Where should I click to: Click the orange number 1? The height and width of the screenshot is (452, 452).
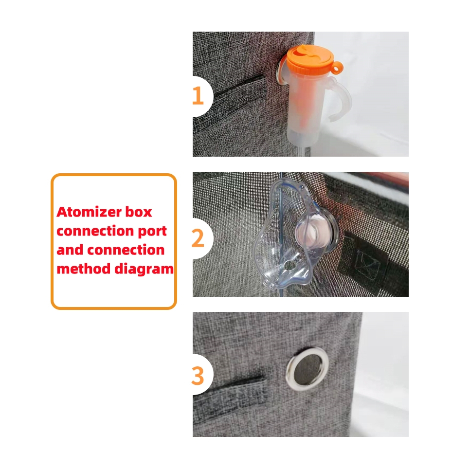198,95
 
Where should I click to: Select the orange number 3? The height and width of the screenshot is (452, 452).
198,376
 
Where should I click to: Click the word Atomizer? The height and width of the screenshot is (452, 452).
89,212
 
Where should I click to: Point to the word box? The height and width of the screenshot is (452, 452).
139,212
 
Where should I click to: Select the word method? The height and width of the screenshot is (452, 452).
84,269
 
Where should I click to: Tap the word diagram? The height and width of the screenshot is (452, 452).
144,270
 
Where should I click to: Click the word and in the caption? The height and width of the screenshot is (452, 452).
70,250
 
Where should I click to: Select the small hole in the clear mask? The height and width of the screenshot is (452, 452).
289,266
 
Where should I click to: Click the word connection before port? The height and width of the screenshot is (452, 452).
95,231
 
